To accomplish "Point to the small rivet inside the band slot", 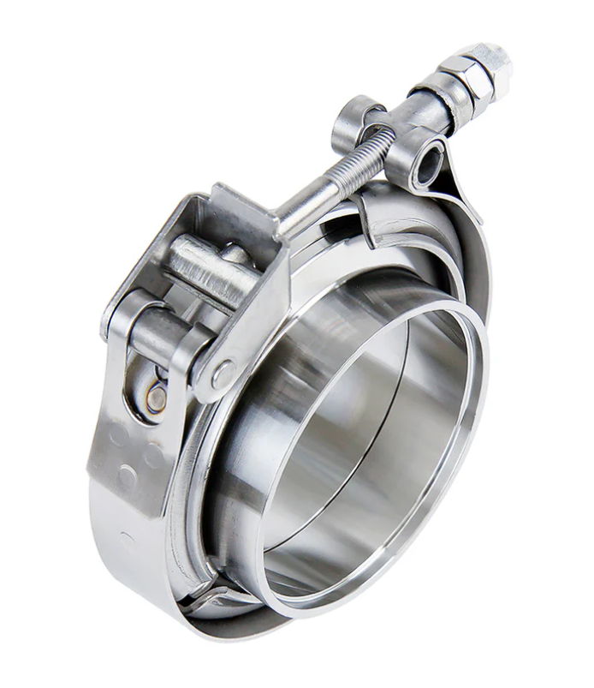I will pyautogui.click(x=156, y=397).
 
